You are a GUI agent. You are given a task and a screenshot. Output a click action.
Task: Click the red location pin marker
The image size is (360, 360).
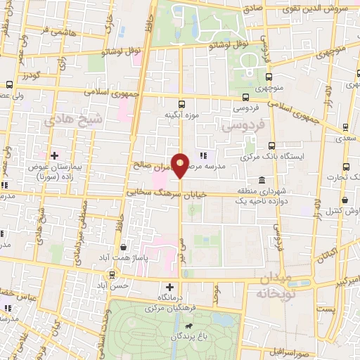click(x=181, y=165)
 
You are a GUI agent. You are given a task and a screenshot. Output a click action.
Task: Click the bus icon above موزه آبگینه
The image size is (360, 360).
click(x=181, y=103)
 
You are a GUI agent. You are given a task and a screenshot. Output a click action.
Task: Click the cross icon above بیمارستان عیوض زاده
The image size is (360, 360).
click(x=54, y=155)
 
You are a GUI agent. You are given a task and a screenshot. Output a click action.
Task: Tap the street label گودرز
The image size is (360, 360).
click(x=28, y=75)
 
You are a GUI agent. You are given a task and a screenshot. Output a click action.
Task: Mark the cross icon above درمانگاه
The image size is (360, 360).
click(x=169, y=287)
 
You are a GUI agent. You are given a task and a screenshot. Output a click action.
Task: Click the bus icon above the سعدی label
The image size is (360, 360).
click(x=345, y=127)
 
